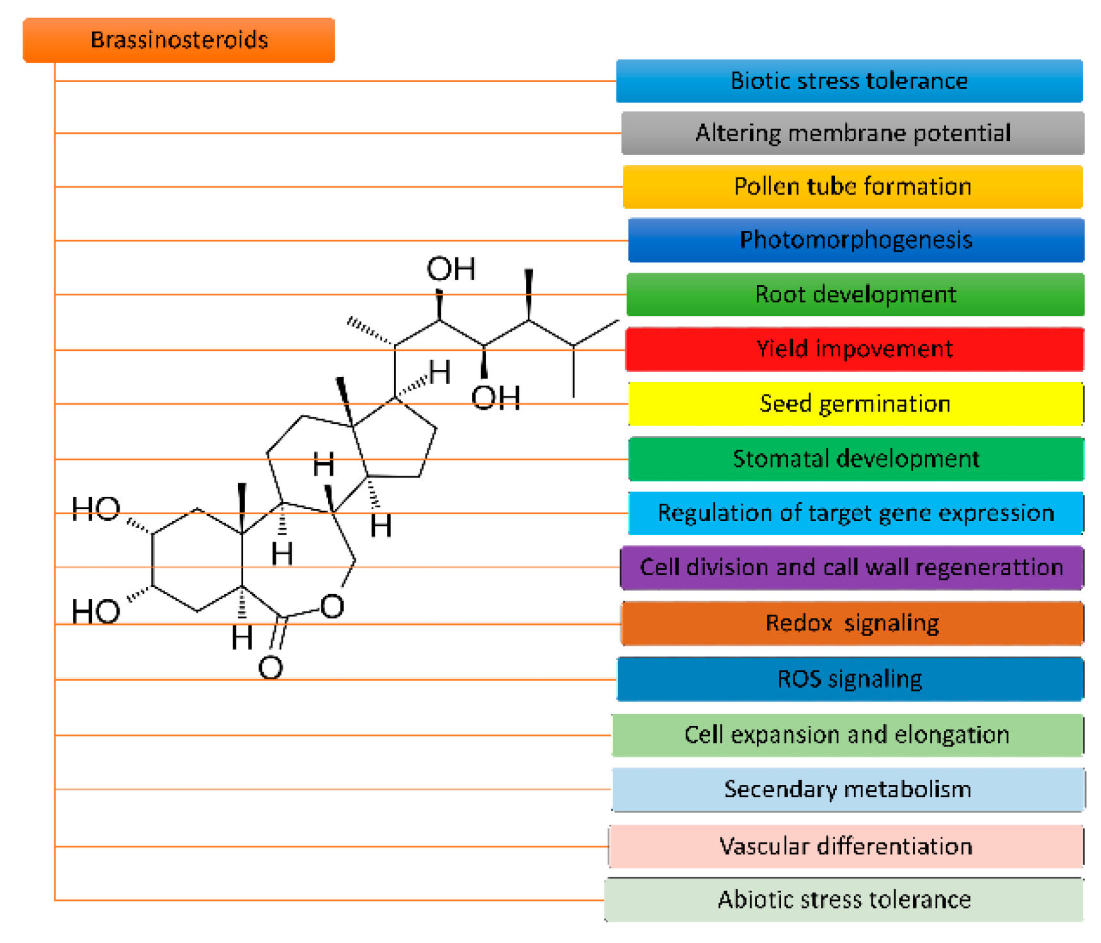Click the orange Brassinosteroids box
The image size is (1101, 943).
(x=178, y=40)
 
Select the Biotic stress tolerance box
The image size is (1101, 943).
(x=849, y=81)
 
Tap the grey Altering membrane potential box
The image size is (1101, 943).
(x=852, y=133)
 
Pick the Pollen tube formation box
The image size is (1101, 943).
(x=852, y=187)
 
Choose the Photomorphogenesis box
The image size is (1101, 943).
(x=855, y=240)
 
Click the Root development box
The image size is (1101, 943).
(x=855, y=294)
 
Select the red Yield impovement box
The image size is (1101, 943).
(x=854, y=349)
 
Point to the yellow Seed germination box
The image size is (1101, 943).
(x=855, y=404)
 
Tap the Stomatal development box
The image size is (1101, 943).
(x=855, y=459)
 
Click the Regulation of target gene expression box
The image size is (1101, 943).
(x=855, y=513)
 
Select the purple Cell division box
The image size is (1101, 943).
(x=851, y=568)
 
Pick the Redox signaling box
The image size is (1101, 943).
(x=851, y=624)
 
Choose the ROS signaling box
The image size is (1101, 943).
(x=850, y=679)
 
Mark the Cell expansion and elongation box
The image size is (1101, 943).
(x=847, y=736)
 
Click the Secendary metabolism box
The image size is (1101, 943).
(x=848, y=790)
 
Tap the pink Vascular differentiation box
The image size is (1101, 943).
(x=846, y=846)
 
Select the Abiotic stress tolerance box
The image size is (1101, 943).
(x=844, y=900)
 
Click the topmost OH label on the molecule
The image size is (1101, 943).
(x=451, y=270)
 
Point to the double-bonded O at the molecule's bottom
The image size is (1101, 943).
(x=271, y=668)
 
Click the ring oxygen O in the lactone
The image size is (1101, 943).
(x=332, y=606)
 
